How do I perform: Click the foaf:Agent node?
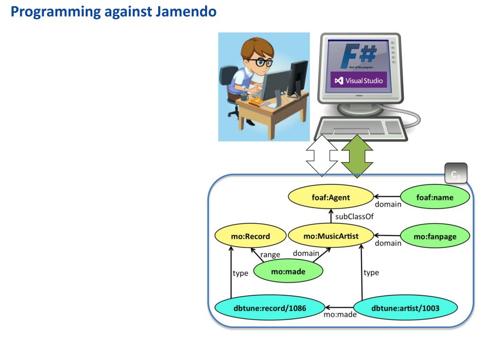331,198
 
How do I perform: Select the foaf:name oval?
434,198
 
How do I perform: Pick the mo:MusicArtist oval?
331,236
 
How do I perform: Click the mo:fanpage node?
435,237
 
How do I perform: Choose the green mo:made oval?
288,272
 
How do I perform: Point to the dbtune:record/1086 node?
270,308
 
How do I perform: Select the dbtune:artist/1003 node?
405,308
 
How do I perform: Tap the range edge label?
270,255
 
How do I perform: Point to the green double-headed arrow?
357,155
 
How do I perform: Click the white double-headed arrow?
322,155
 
